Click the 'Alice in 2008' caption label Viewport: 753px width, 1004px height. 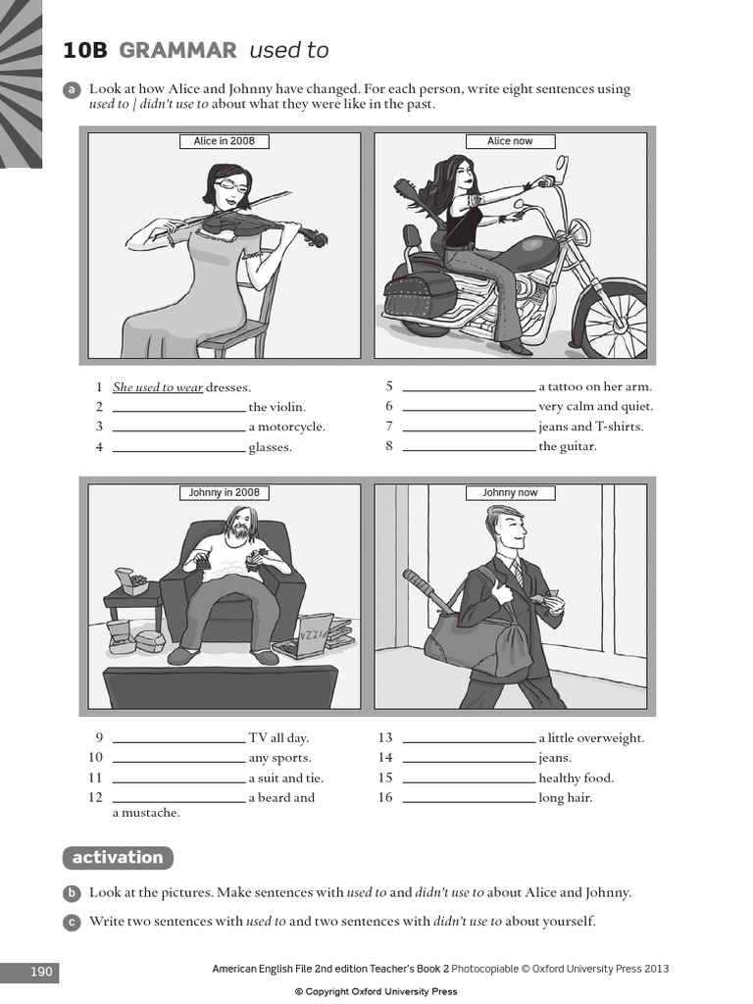click(224, 141)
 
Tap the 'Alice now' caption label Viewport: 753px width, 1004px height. click(510, 141)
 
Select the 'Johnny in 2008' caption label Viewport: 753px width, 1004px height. click(224, 493)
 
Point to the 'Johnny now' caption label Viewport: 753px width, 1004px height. click(510, 493)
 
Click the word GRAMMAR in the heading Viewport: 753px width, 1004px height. click(177, 51)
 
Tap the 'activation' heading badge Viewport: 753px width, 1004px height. click(118, 858)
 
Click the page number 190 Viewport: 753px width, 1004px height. click(41, 972)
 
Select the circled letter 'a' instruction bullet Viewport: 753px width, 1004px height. click(72, 90)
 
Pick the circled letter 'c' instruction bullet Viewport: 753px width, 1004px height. click(72, 923)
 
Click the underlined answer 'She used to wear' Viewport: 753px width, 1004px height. click(158, 388)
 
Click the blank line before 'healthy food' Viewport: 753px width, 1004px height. click(469, 779)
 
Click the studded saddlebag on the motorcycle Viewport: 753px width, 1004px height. click(420, 294)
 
